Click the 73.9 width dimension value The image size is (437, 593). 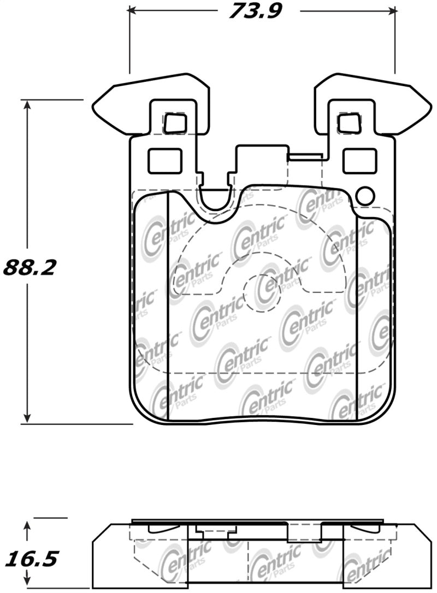click(x=255, y=10)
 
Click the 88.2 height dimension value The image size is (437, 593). click(x=30, y=267)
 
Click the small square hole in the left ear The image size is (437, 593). click(x=175, y=122)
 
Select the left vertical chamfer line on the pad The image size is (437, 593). click(x=167, y=306)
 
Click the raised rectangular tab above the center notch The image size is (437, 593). click(x=261, y=158)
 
